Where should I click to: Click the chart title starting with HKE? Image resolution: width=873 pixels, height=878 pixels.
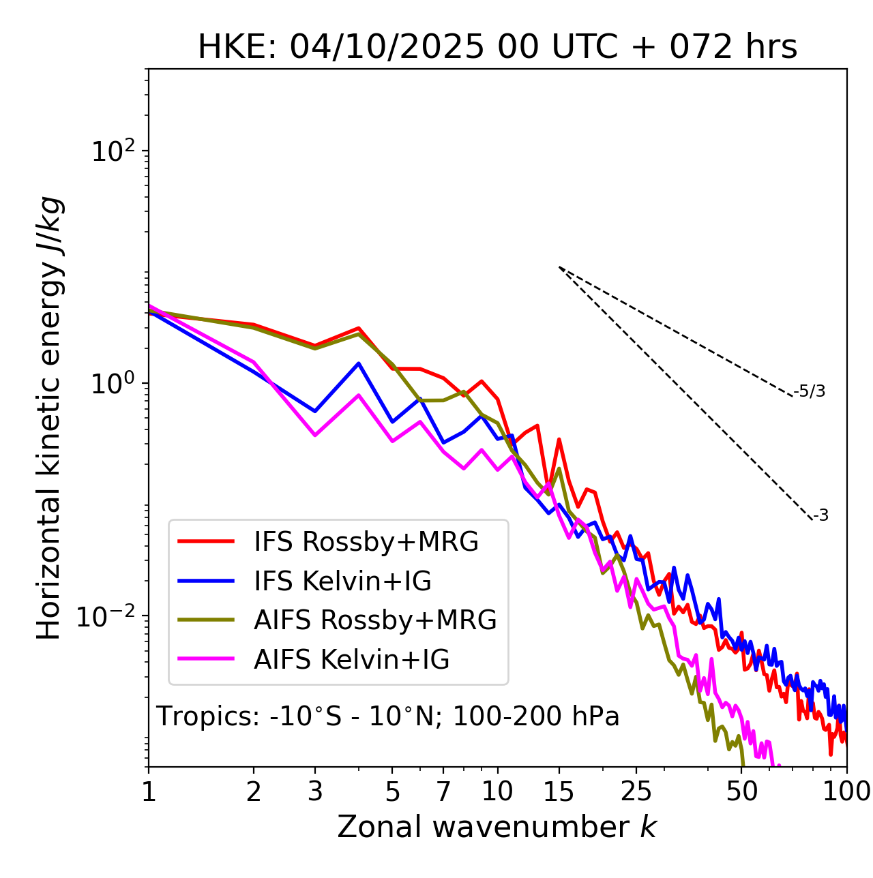pyautogui.click(x=497, y=48)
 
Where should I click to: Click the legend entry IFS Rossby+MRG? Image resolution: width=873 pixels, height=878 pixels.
pyautogui.click(x=366, y=542)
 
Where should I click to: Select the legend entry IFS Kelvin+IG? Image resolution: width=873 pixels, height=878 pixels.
pyautogui.click(x=342, y=581)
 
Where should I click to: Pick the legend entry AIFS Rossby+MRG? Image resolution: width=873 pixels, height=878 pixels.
pyautogui.click(x=375, y=620)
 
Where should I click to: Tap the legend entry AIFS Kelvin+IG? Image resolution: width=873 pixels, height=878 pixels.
pyautogui.click(x=351, y=660)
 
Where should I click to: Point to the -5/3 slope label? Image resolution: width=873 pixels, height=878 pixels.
pyautogui.click(x=810, y=391)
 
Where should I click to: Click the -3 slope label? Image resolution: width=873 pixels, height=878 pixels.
pyautogui.click(x=820, y=516)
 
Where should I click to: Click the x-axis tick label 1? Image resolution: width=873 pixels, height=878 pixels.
pyautogui.click(x=149, y=791)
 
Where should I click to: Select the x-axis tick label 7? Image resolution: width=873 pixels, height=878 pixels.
pyautogui.click(x=443, y=791)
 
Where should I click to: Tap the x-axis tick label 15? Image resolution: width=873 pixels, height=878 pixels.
pyautogui.click(x=559, y=791)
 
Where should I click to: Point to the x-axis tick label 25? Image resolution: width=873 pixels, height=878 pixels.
pyautogui.click(x=636, y=791)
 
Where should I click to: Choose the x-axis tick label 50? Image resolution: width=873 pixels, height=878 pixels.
pyautogui.click(x=741, y=791)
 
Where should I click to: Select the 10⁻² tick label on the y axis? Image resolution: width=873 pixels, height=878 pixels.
pyautogui.click(x=109, y=616)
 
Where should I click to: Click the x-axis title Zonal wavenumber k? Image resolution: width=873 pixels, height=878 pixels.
pyautogui.click(x=497, y=828)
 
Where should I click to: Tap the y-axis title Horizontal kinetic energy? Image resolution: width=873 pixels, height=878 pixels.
pyautogui.click(x=49, y=418)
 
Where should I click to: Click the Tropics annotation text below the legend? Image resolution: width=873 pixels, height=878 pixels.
pyautogui.click(x=387, y=716)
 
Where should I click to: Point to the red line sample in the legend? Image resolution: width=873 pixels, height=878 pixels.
pyautogui.click(x=205, y=542)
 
